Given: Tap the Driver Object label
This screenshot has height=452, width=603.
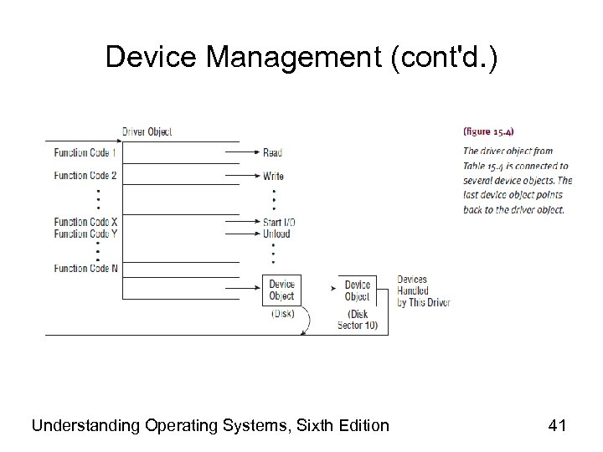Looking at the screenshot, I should (x=147, y=131).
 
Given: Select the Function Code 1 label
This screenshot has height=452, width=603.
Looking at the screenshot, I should (x=85, y=153).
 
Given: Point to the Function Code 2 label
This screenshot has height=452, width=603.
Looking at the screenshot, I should (x=85, y=176).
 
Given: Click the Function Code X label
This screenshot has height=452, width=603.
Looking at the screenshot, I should (x=85, y=222).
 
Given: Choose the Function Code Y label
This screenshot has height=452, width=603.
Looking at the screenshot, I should (x=85, y=234).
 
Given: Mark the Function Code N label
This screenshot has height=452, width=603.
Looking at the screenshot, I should (x=85, y=269).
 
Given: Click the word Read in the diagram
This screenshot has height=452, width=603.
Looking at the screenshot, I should (x=272, y=153).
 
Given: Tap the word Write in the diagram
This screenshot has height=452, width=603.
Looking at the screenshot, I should (x=273, y=176).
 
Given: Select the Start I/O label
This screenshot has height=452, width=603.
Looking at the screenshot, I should (x=280, y=222).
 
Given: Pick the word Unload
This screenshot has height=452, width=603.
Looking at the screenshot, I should (x=276, y=234).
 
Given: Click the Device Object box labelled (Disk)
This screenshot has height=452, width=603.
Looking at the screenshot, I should (x=282, y=290).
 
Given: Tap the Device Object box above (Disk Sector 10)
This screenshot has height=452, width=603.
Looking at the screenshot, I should (x=357, y=290).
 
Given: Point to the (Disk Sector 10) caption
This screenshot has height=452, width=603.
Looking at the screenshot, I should (x=357, y=320).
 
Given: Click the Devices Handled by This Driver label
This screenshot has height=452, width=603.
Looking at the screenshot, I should (x=423, y=290).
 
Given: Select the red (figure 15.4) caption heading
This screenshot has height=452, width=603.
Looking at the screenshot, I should (x=490, y=131).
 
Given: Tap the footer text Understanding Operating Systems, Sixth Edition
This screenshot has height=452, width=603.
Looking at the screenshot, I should (x=210, y=426).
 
